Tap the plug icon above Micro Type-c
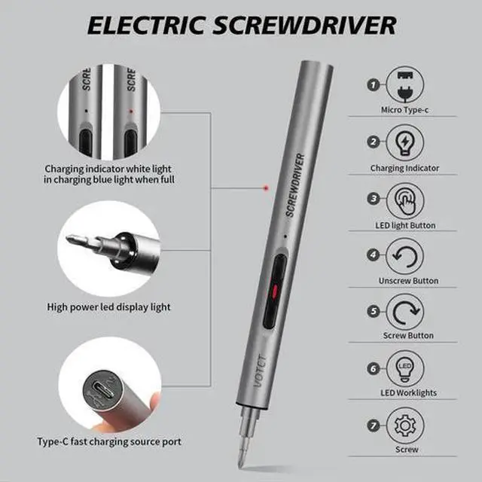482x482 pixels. pos(404,82)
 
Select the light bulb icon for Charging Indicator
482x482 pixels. pos(404,142)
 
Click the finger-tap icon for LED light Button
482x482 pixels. pos(404,200)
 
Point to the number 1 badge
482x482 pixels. pos(373,84)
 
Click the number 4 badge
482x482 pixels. pos(373,254)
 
